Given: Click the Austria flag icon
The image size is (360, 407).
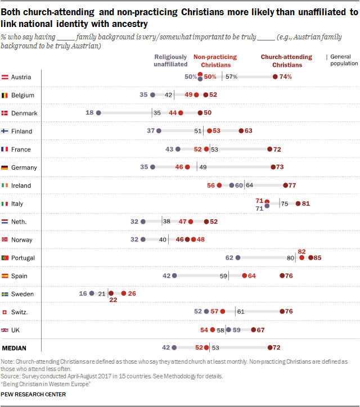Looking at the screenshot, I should pos(4,77).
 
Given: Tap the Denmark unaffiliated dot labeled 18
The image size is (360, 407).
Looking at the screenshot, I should pos(98,113).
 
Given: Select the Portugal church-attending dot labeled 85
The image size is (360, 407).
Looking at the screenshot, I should pos(310,257).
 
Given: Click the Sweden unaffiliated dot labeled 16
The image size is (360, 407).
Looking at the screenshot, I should pos(92,293).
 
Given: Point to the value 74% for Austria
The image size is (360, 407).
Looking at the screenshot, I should pos(285,77).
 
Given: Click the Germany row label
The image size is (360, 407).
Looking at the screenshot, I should pos(24,168).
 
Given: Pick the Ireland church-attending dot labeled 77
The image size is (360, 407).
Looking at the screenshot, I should pos(286,186).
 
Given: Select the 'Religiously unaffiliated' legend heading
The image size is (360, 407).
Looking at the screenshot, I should pos(171,61).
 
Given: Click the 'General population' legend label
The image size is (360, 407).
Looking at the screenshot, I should pos(340,61).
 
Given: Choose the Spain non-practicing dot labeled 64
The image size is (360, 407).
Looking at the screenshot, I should pos(245,275).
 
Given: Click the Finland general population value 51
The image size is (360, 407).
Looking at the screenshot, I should pos(197,131).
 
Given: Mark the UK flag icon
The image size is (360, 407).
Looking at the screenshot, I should pos(4,330).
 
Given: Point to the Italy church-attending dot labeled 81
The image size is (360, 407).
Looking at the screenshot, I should pos(298,203).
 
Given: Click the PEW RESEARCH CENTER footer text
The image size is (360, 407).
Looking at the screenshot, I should pos(33,395).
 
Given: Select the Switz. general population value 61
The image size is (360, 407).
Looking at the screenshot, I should pos(240,311).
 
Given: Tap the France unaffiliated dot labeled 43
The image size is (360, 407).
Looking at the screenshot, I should pos(178,150).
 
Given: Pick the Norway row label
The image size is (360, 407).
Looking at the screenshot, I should pos(23,239).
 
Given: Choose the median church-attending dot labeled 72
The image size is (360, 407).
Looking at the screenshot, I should pos(271,348).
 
